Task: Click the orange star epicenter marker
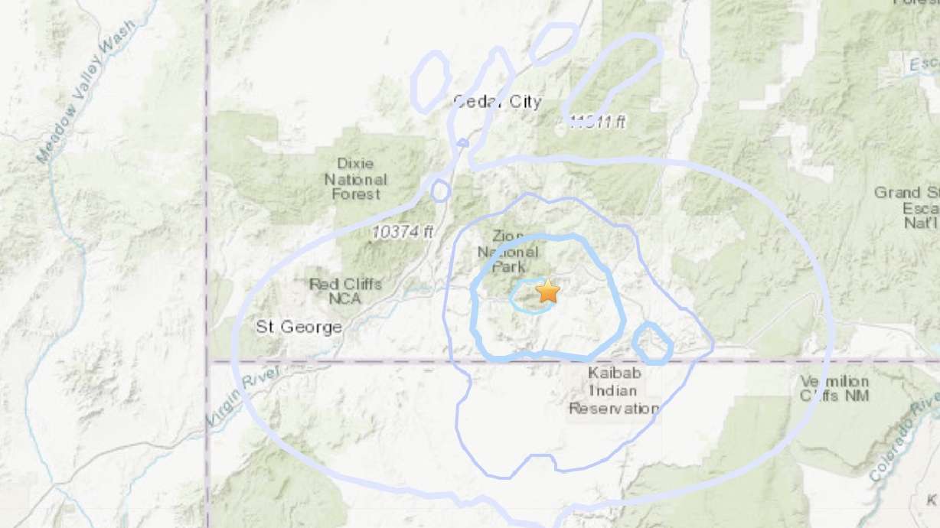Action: (548, 291)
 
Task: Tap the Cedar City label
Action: (497, 102)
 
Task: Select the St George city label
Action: (299, 328)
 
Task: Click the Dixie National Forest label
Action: (356, 178)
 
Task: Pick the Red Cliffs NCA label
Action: (345, 292)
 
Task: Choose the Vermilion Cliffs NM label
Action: (834, 388)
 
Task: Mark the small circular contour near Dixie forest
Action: (440, 191)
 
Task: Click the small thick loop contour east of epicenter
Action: (652, 343)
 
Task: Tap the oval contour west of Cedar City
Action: (430, 79)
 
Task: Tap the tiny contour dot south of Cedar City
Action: (462, 142)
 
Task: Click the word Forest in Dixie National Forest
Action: (356, 194)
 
